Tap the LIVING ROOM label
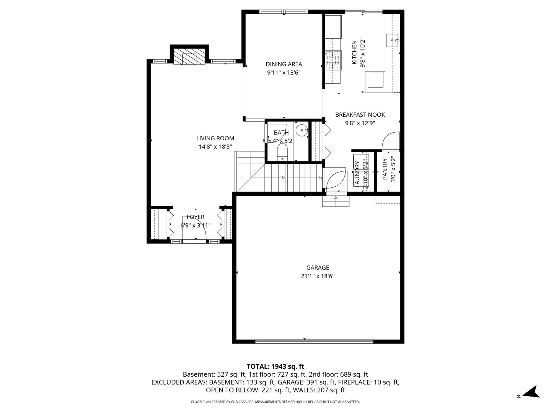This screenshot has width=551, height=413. pos(215,138)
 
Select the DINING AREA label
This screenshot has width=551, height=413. pos(284,64)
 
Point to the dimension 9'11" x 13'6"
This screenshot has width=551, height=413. pos(284,72)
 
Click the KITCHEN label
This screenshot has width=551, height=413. pos(354,53)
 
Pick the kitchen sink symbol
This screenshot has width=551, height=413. pos(393,39)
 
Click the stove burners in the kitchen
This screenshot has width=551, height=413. pos(333,61)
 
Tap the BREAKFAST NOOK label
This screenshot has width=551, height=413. pos(360,115)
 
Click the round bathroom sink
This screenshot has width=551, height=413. pos(302,130)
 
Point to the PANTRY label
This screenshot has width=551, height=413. pos(385,169)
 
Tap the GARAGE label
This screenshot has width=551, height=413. pos(318,268)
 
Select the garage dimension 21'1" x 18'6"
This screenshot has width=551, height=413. pos(318,276)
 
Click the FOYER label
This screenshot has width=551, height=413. pos(196,217)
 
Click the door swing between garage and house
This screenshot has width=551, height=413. pos(335,179)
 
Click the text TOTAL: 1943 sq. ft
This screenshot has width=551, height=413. pos(275,366)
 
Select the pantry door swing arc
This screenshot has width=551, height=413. pos(391,140)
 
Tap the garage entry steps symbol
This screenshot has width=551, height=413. pos(336,201)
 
